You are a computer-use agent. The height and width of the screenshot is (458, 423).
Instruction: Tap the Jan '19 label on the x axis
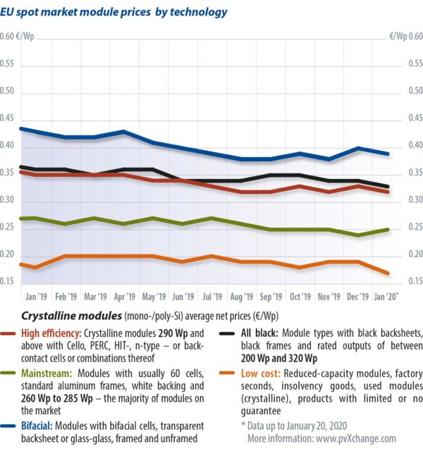pyautogui.click(x=37, y=297)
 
